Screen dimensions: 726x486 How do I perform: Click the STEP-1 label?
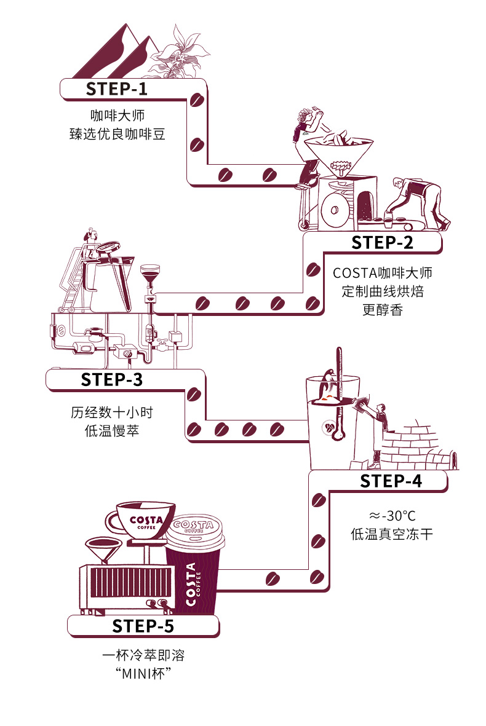[117, 89]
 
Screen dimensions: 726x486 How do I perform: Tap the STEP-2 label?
[382, 242]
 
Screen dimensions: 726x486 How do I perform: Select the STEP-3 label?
[111, 379]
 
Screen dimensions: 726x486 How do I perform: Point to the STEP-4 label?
[391, 481]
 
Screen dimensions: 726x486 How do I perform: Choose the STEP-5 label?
[143, 626]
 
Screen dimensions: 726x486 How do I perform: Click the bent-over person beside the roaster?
[422, 200]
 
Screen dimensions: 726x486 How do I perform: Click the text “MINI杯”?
[143, 673]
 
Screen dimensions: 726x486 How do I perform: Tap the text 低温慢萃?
[111, 430]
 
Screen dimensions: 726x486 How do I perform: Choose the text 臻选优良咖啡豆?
[117, 133]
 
